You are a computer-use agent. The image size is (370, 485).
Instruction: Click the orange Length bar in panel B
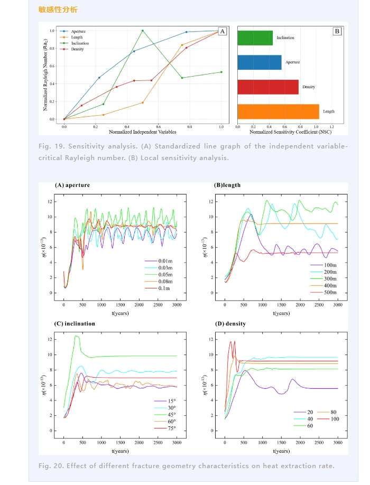point(278,111)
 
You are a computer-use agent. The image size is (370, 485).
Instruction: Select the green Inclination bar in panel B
point(255,38)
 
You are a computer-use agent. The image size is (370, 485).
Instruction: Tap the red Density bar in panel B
point(268,87)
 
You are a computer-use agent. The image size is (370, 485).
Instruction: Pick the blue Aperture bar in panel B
point(259,62)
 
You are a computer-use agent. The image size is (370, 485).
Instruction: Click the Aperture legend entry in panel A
point(78,32)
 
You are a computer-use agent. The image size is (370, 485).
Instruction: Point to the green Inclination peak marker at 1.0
point(143,31)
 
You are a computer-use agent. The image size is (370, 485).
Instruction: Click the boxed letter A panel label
point(223,32)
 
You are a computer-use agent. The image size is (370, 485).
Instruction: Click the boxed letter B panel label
point(337,32)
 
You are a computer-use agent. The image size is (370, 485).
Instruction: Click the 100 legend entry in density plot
point(334,418)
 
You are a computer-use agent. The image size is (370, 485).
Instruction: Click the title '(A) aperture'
point(72,185)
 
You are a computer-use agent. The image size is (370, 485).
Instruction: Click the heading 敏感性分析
point(58,10)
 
